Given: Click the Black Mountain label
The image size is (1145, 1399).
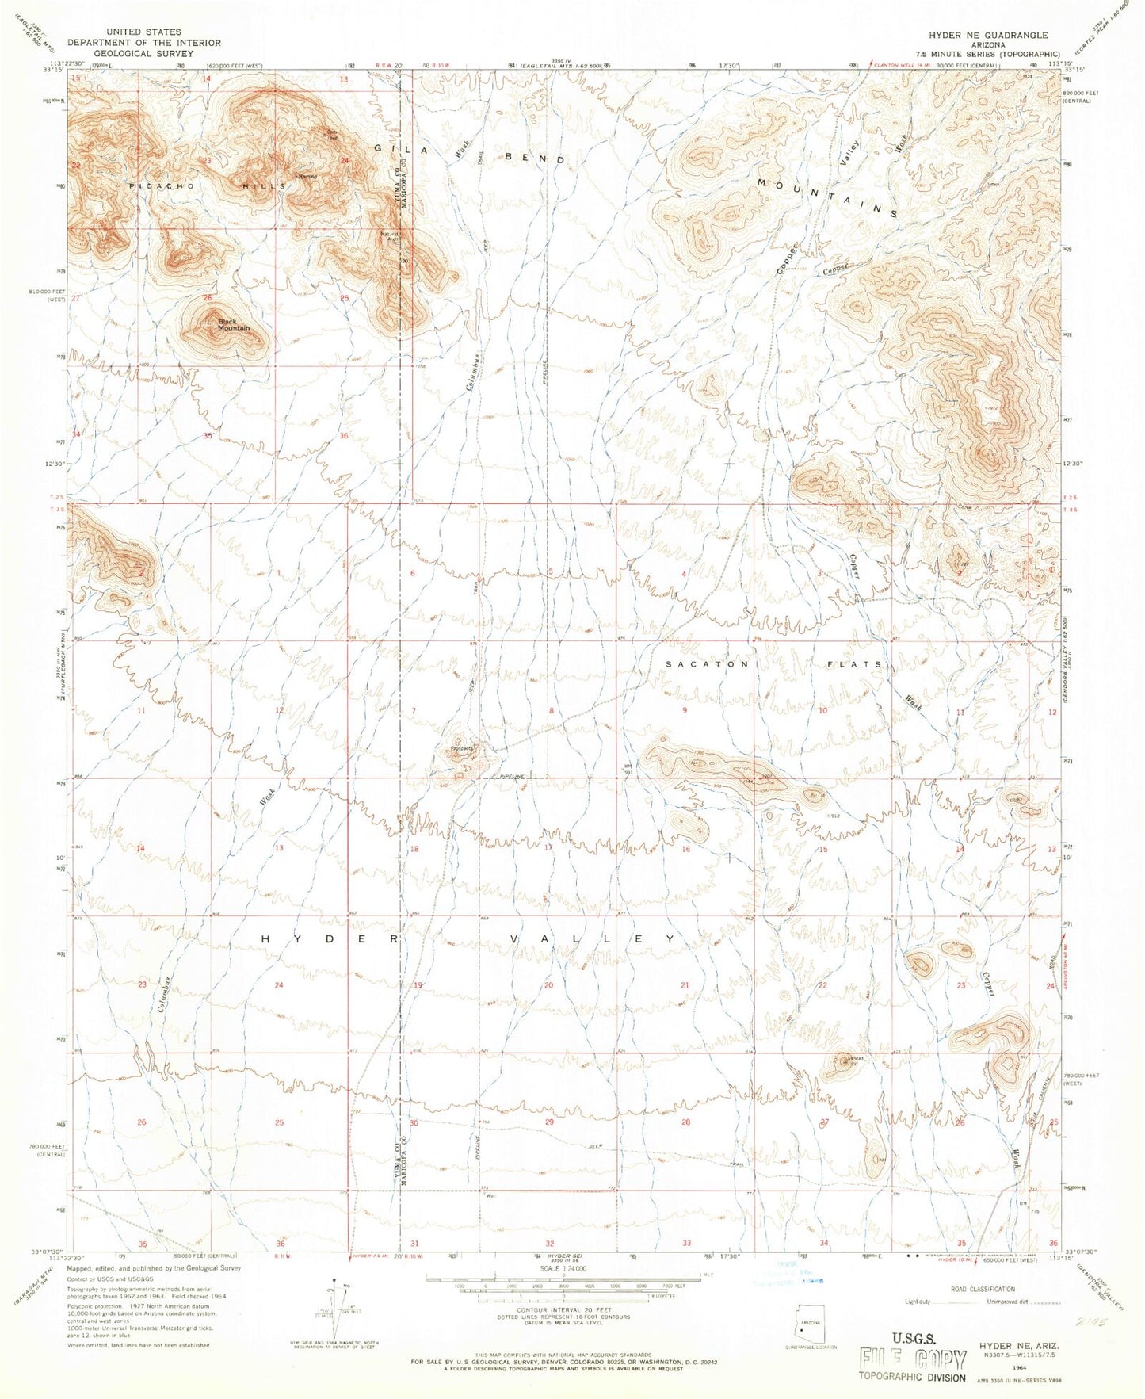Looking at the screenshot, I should (233, 325).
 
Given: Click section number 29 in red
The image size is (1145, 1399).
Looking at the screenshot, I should (549, 1122).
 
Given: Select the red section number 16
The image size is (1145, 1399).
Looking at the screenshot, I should (686, 849).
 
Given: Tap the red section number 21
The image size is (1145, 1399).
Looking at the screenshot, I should (685, 985).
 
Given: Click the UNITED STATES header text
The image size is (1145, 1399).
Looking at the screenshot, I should (143, 32).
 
